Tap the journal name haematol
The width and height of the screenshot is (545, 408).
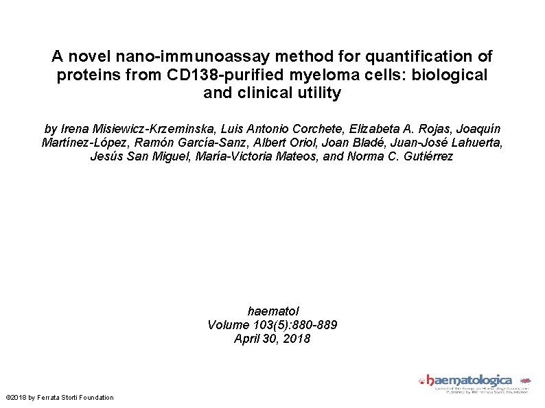point(272,311)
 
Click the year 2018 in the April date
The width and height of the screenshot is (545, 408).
point(297,339)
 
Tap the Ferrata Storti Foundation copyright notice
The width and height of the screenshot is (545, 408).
point(60,398)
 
